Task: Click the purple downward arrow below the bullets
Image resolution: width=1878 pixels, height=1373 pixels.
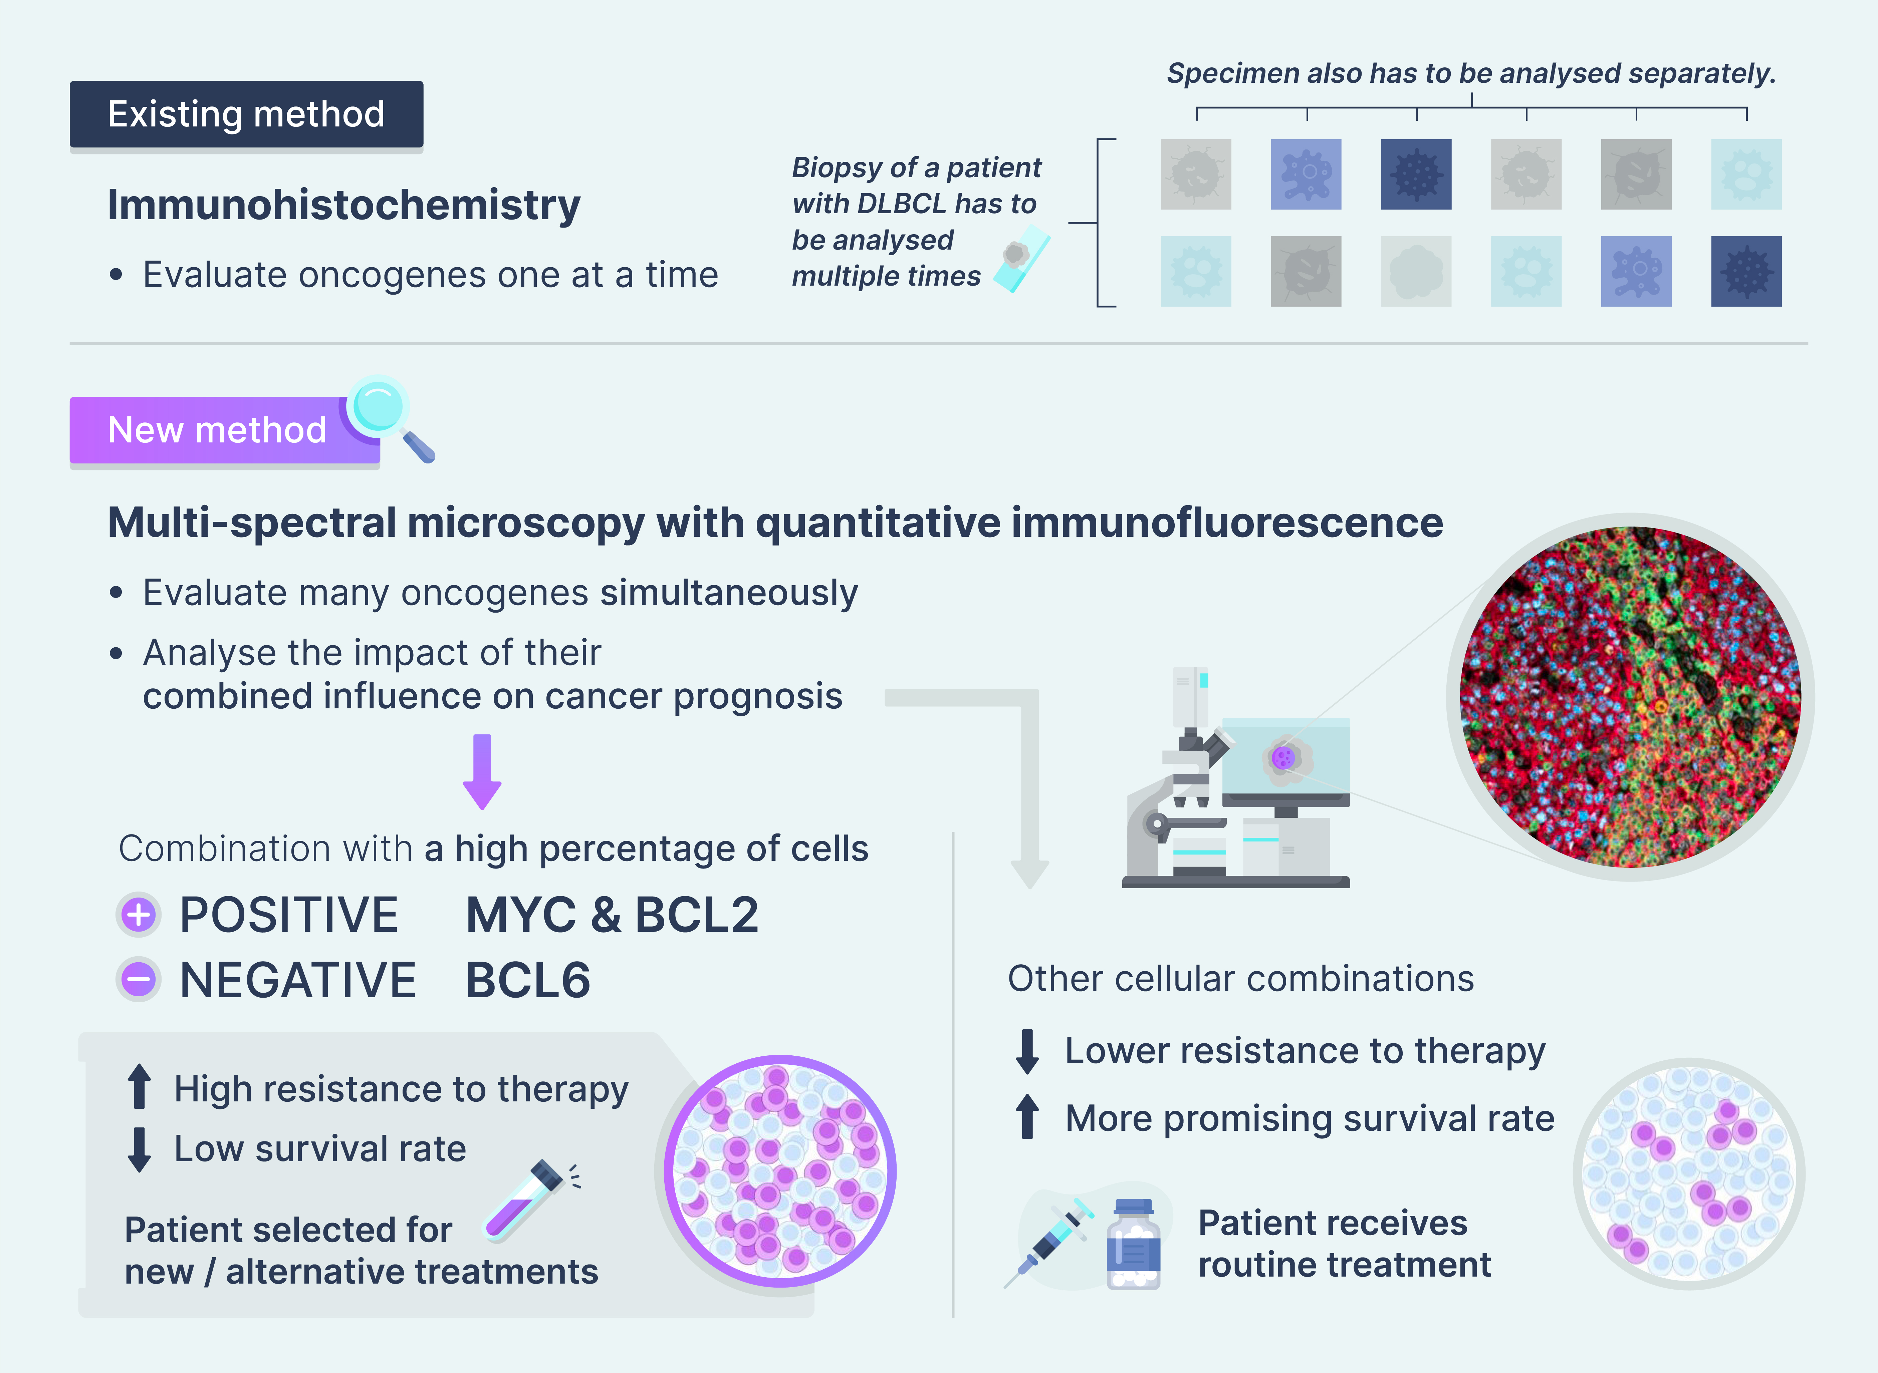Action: click(482, 771)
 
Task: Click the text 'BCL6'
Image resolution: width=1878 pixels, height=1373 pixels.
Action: click(528, 981)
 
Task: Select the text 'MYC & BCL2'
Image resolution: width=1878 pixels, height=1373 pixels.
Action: click(612, 915)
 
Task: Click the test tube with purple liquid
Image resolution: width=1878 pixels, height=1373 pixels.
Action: click(526, 1200)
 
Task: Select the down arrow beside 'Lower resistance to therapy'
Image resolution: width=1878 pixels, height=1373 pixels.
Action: click(1027, 1051)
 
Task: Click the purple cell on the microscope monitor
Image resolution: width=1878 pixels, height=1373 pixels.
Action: click(1283, 757)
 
